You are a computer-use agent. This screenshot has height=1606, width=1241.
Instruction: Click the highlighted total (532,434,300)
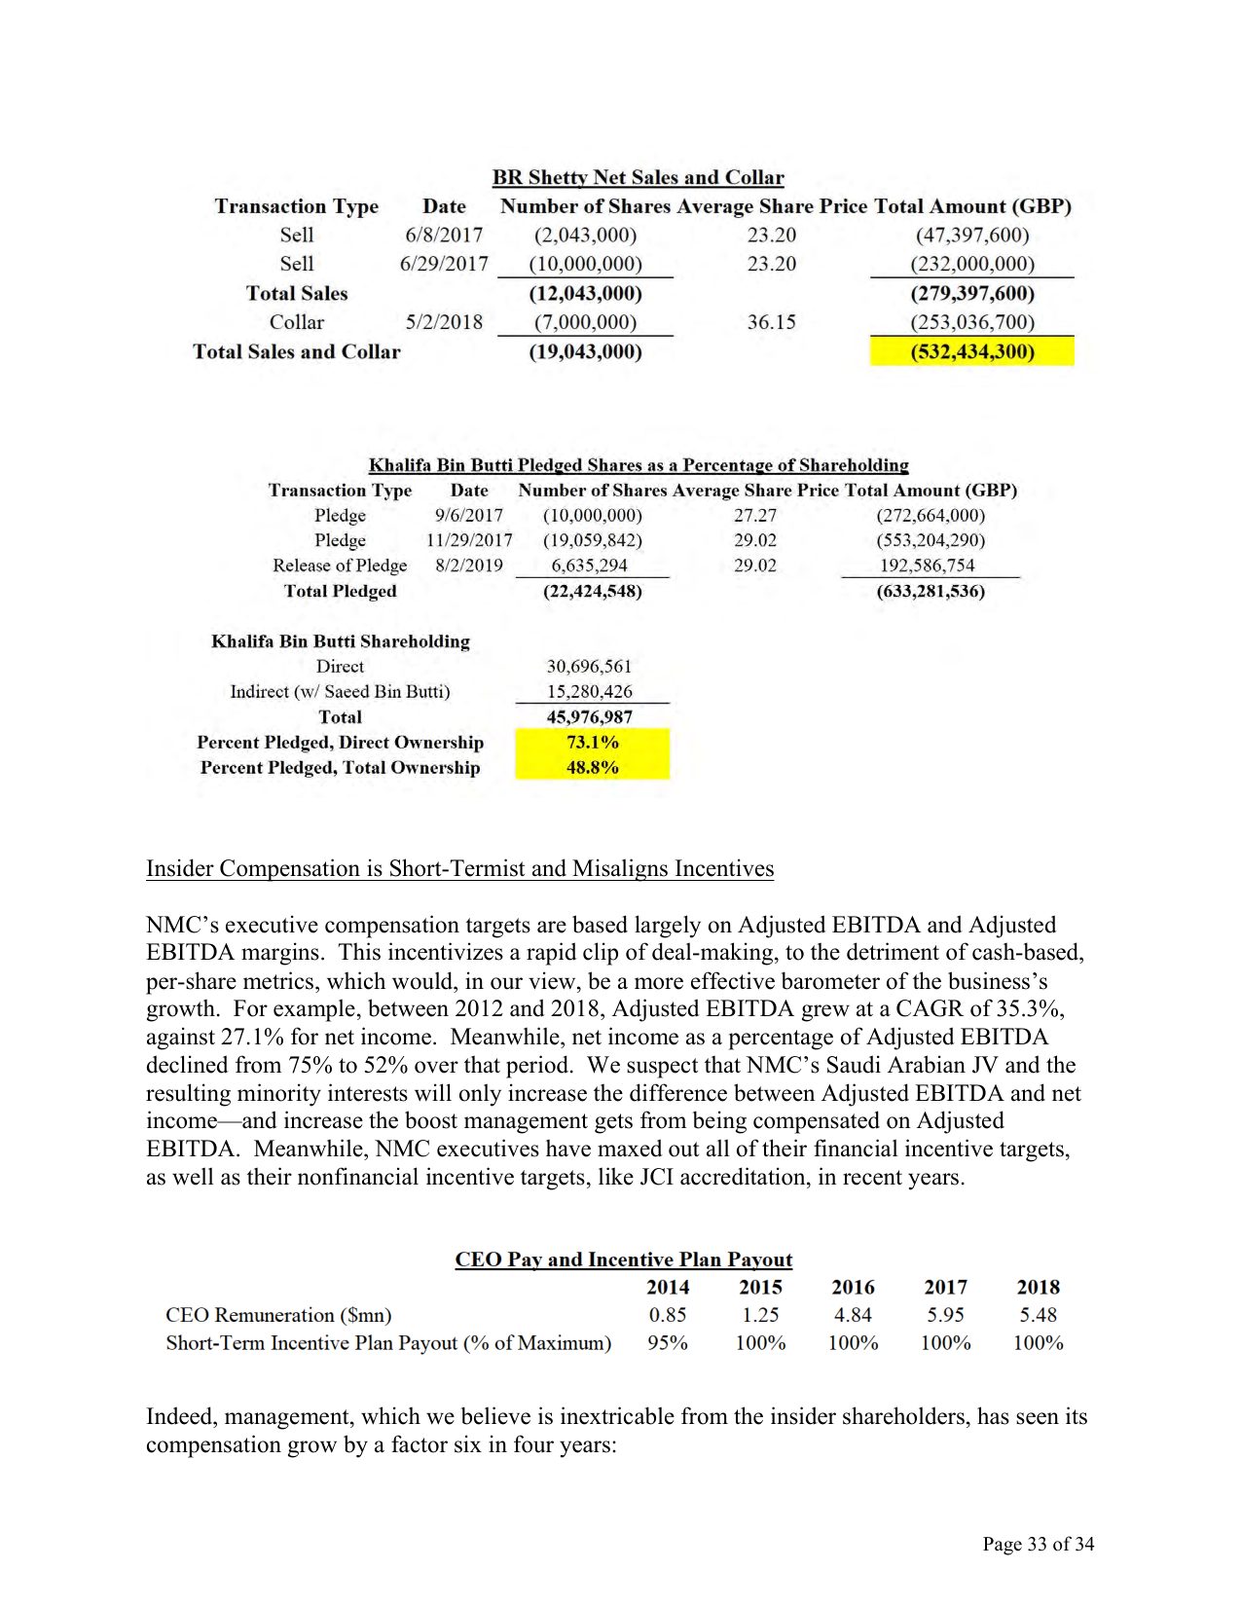[971, 351]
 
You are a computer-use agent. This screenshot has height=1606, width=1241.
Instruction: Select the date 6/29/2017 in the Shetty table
[444, 264]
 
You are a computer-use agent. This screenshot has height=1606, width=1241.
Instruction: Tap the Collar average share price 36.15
[771, 322]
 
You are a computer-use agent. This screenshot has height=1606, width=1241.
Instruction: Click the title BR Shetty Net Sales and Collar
[638, 177]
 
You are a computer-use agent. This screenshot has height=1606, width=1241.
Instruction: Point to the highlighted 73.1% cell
[592, 742]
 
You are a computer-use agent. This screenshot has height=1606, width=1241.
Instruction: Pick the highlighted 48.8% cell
[592, 767]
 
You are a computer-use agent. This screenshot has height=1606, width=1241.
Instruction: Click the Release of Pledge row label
[340, 566]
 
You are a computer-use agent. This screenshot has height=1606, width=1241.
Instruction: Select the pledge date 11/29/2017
[469, 540]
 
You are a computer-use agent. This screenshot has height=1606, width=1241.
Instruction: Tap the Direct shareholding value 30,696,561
[589, 667]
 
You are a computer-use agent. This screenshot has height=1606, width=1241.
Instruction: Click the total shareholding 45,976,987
[589, 717]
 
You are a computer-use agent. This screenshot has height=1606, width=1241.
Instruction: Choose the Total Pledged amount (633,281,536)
[931, 591]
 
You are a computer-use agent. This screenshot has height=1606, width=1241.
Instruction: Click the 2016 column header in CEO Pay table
[853, 1287]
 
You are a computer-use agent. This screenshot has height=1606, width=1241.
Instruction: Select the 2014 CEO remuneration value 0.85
[668, 1315]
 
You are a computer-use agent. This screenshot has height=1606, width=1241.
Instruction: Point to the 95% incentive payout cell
[668, 1343]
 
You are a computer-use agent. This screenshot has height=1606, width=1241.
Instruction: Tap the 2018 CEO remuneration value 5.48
[1038, 1315]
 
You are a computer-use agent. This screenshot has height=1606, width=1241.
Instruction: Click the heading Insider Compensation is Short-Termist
[459, 868]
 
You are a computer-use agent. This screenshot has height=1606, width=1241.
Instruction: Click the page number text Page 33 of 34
[1038, 1544]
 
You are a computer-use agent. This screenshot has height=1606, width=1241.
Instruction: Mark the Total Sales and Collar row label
[297, 351]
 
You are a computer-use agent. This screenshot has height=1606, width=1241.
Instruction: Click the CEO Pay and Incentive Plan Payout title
[624, 1259]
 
